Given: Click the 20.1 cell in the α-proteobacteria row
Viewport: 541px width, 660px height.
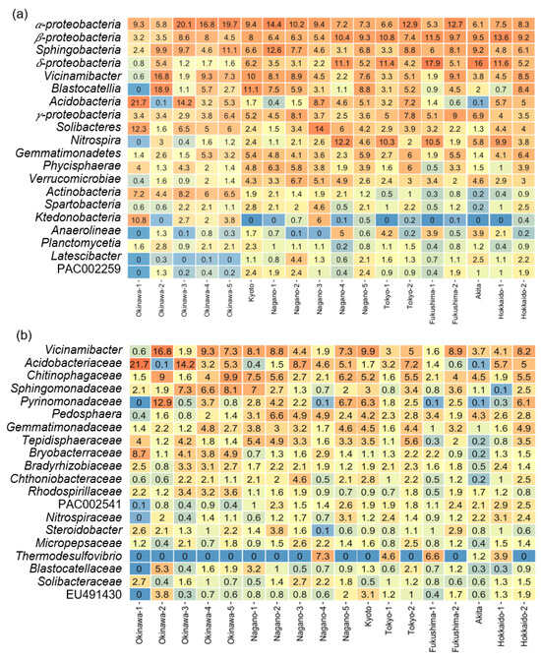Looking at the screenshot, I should pos(183,23).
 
